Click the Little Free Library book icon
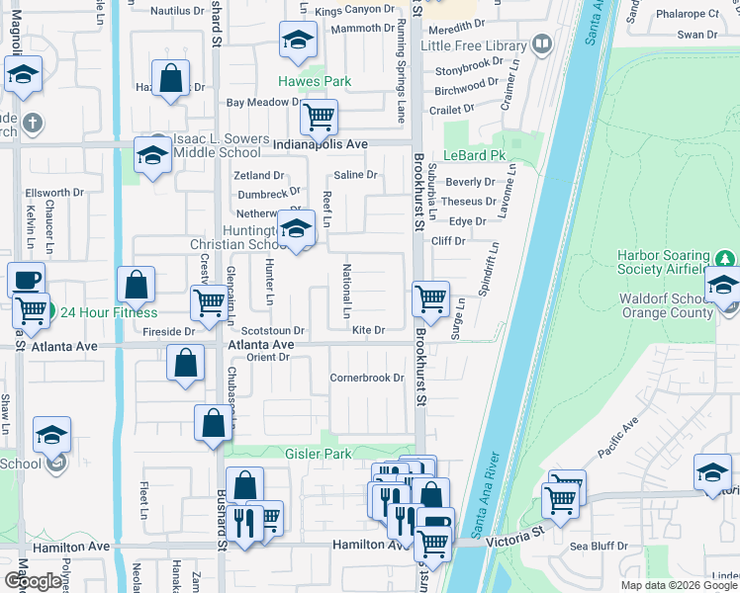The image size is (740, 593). tap(542, 43)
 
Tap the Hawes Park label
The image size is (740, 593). tap(315, 81)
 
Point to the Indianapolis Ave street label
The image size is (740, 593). tap(321, 144)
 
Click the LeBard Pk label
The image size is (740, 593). tap(474, 156)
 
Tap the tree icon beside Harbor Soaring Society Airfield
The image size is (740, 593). tap(726, 259)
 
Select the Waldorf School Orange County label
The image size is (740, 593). tap(663, 305)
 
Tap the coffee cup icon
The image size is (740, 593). tap(26, 279)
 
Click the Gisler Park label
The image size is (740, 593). tap(293, 454)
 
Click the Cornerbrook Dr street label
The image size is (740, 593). tap(367, 378)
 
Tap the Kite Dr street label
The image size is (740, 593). tap(367, 329)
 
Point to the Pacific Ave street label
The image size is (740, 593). tap(617, 439)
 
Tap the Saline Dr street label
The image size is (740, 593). tap(356, 175)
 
